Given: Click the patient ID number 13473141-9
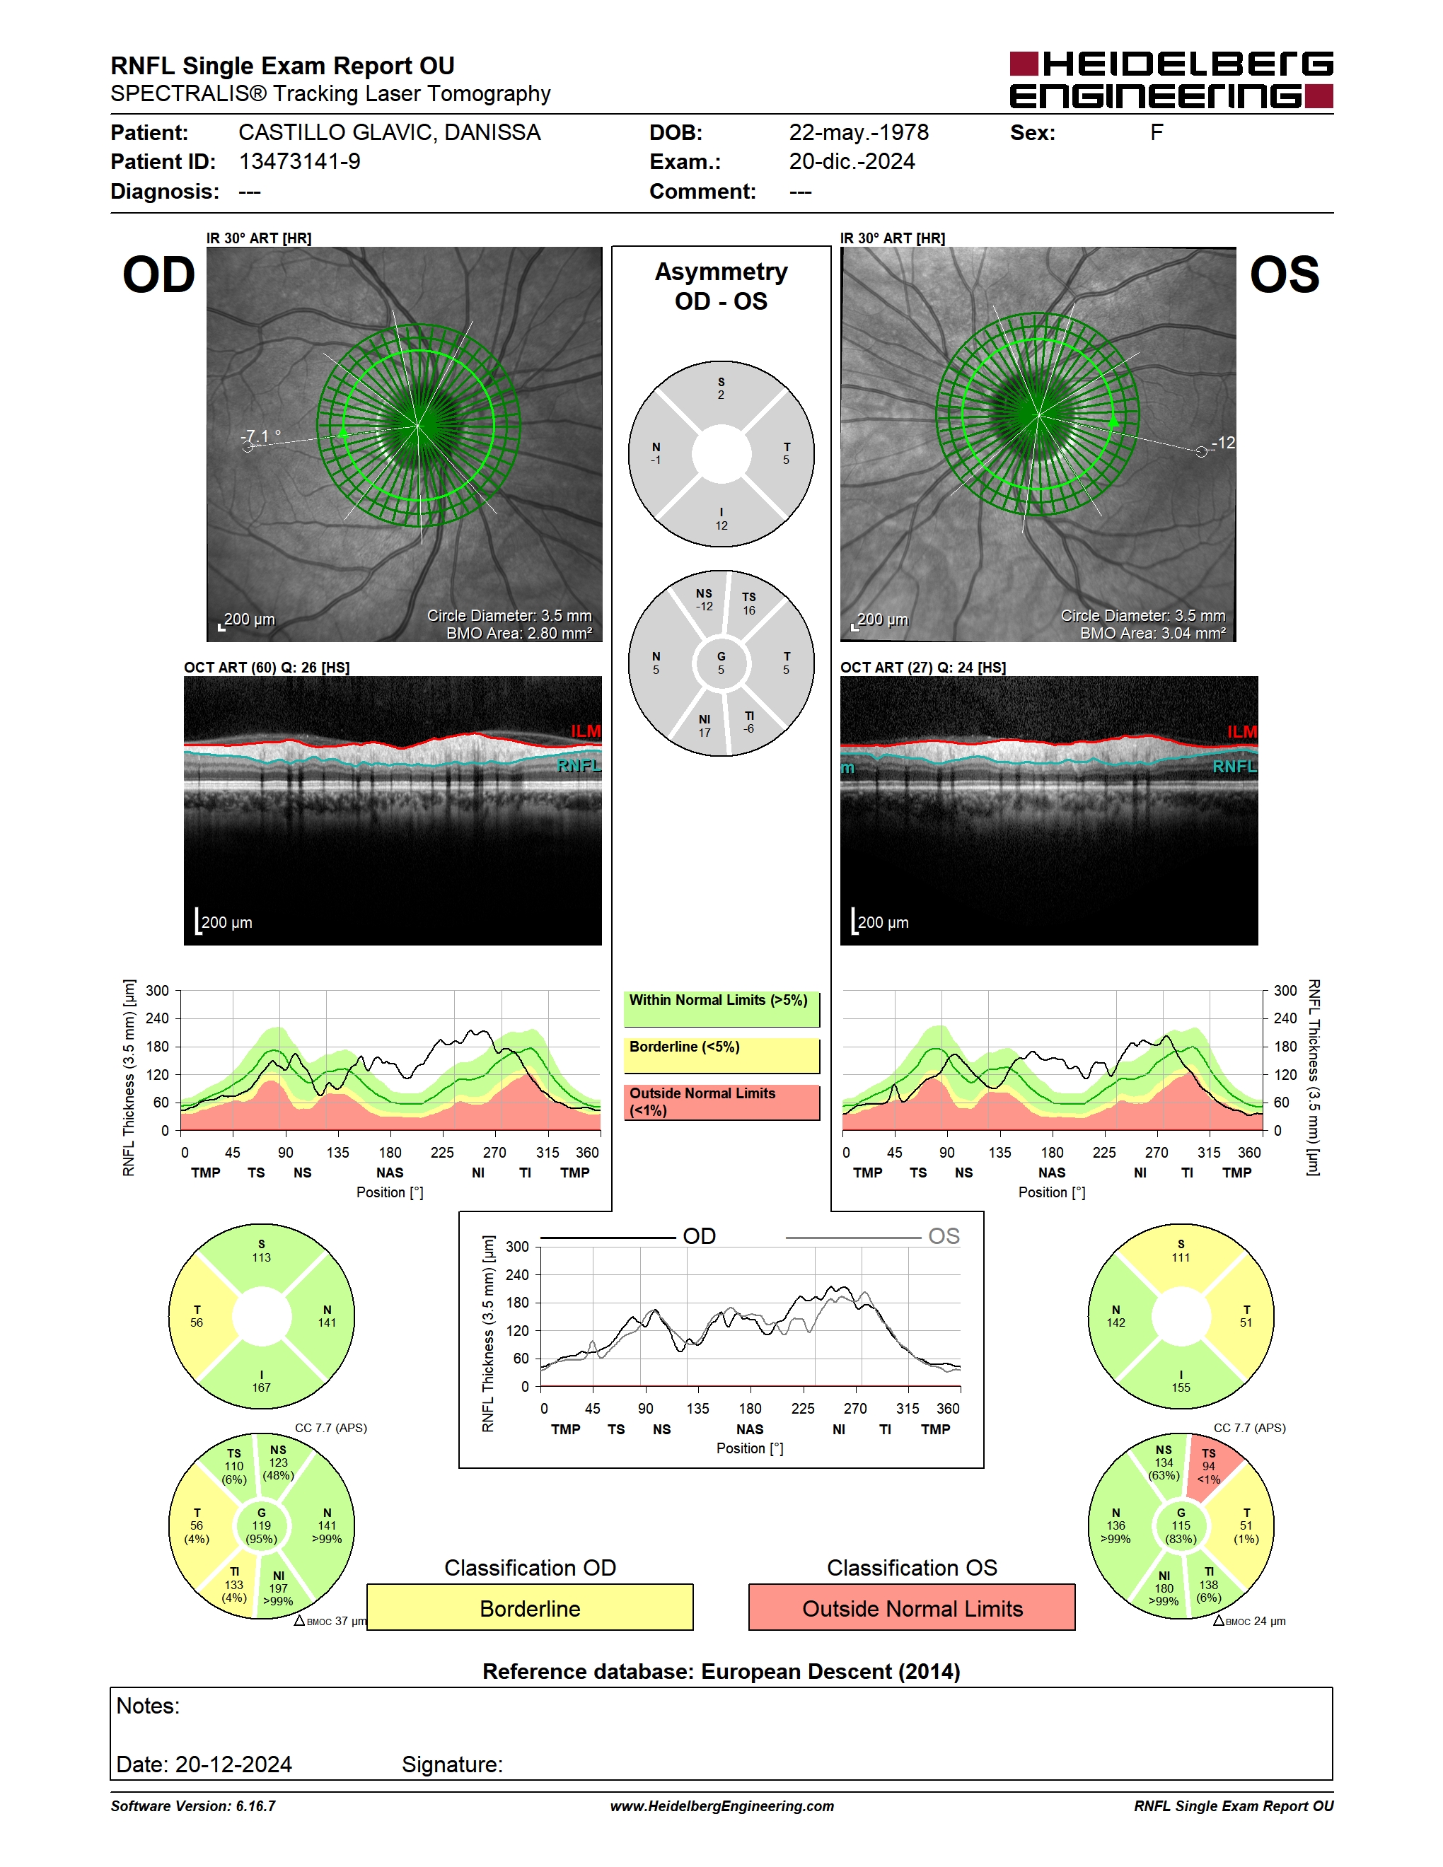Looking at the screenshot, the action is click(x=299, y=161).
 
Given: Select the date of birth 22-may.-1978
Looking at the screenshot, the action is click(x=858, y=132).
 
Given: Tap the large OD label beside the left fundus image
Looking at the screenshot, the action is click(x=159, y=275).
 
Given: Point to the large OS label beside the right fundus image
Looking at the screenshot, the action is click(x=1284, y=275).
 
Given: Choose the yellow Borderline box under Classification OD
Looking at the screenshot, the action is click(x=530, y=1608).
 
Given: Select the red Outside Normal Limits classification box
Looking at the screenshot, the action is click(x=912, y=1608).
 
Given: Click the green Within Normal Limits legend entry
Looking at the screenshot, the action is click(x=721, y=1008).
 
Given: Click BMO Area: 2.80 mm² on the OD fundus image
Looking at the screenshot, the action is click(x=519, y=634).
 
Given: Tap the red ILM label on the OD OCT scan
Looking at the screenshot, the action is click(x=586, y=731).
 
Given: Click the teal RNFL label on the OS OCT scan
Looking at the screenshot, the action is click(x=1234, y=767).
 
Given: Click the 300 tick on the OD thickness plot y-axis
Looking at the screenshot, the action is click(x=157, y=991).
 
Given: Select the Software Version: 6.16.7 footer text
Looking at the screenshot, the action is click(x=193, y=1806).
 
